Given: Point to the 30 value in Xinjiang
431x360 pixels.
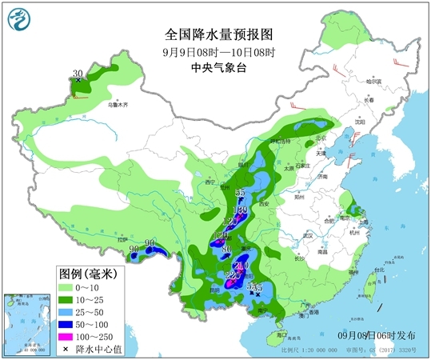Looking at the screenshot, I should click(78, 74).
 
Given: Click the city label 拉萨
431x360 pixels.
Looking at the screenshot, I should click(122, 239).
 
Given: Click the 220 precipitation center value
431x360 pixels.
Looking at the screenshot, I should click(232, 276).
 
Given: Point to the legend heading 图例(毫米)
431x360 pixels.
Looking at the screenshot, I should click(89, 273).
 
